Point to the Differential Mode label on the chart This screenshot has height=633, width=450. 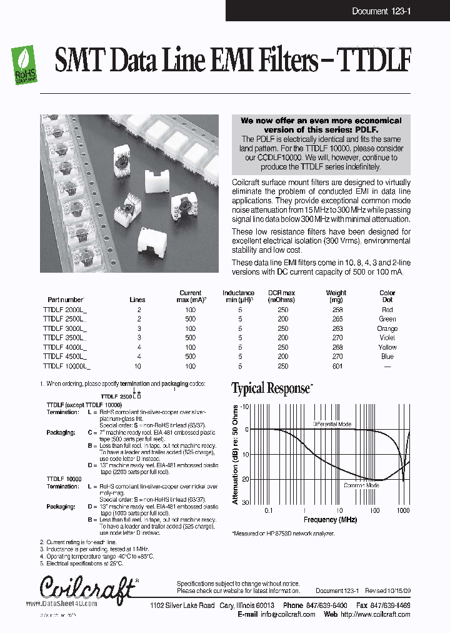332,424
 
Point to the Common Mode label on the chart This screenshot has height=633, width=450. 361,485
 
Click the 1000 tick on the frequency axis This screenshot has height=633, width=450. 402,510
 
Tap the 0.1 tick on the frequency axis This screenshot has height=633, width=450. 269,510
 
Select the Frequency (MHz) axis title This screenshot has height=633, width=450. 330,520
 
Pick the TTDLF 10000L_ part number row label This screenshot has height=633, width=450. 67,366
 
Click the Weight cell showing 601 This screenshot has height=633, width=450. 337,366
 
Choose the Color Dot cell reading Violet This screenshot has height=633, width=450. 387,338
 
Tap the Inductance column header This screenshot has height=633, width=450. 238,296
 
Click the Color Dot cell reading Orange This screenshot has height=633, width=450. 387,328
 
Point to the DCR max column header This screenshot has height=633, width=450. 281,296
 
